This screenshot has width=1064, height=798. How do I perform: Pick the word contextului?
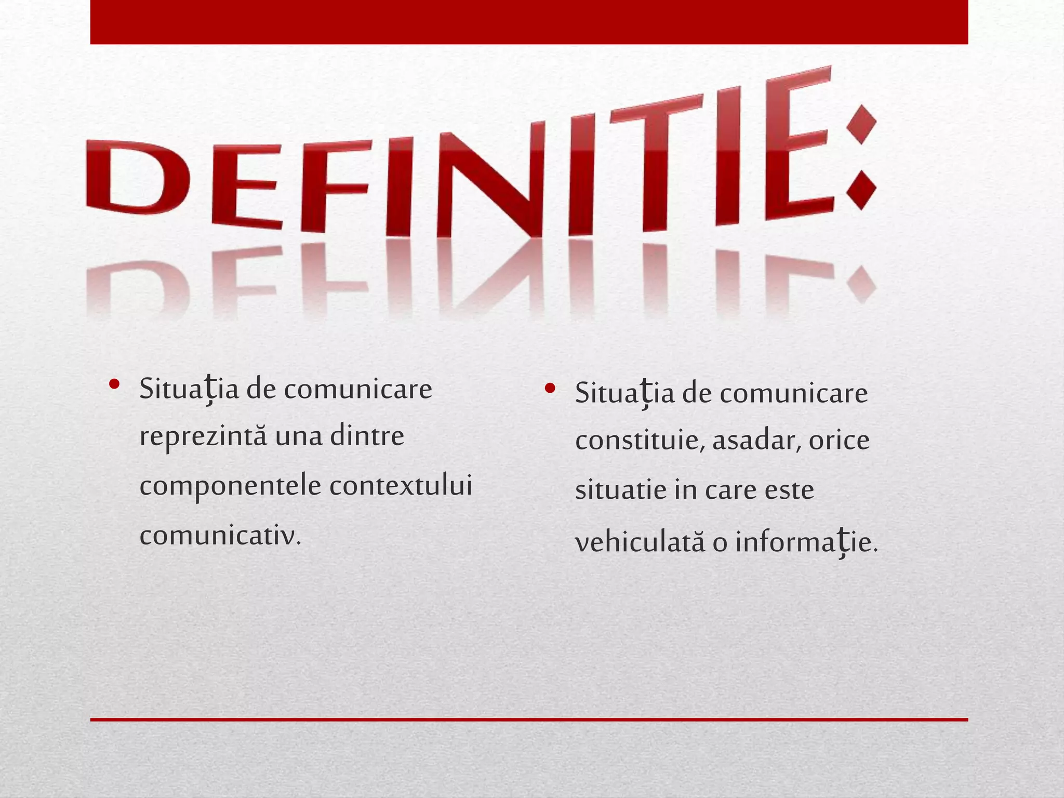(x=401, y=486)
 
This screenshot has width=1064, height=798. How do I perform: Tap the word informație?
(x=806, y=543)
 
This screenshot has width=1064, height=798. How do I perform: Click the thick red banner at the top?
(x=529, y=22)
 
